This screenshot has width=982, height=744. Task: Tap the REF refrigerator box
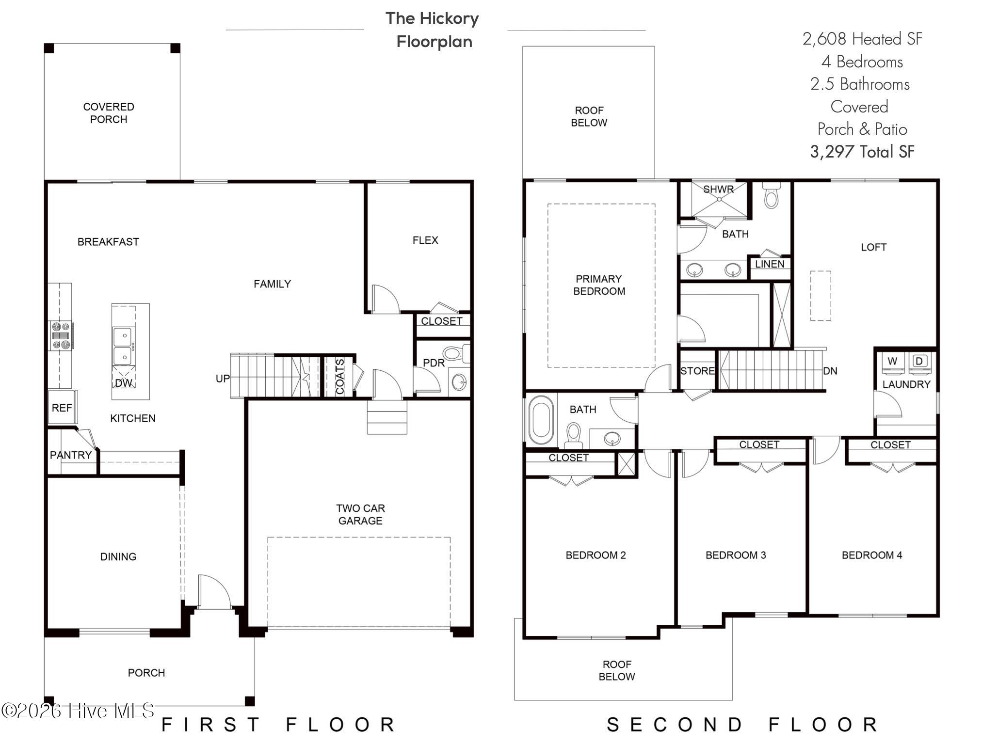coord(62,408)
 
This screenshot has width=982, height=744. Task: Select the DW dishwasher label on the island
coord(123,382)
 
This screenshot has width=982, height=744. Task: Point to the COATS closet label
coord(339,377)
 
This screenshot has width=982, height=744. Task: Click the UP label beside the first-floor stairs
coord(223,378)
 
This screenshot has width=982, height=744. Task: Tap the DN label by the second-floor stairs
coord(830,371)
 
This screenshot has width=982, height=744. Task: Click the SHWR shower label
coord(718,190)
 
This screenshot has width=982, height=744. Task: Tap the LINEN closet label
coord(770,264)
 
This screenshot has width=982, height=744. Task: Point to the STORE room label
coord(697,371)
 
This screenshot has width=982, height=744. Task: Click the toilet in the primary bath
coord(771,196)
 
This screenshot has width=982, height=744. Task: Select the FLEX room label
coord(425,240)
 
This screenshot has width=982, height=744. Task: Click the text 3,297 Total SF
coord(862,152)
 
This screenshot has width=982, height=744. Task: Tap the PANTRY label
coord(71,455)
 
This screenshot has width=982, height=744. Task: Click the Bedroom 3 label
coord(735,555)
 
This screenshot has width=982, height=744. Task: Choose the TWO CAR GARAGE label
coord(360,514)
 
